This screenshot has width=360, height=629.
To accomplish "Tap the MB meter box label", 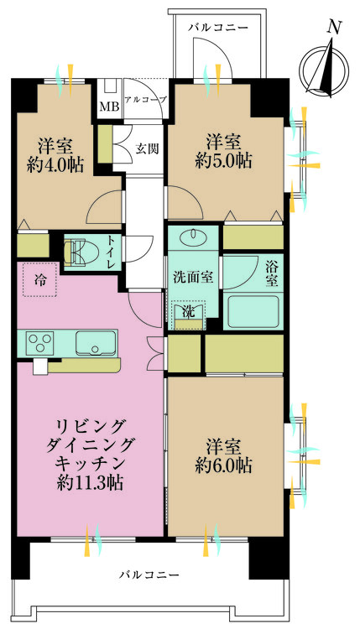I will coord(109,107).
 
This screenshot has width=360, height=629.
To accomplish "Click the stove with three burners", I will coord(40,342).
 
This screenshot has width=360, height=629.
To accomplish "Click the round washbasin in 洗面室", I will coord(195,237).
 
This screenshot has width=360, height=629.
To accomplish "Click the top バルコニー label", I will coord(218,28).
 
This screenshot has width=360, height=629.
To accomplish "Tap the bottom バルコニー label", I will coord(148,574).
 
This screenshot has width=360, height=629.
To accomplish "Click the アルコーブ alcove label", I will coord(145,100).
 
